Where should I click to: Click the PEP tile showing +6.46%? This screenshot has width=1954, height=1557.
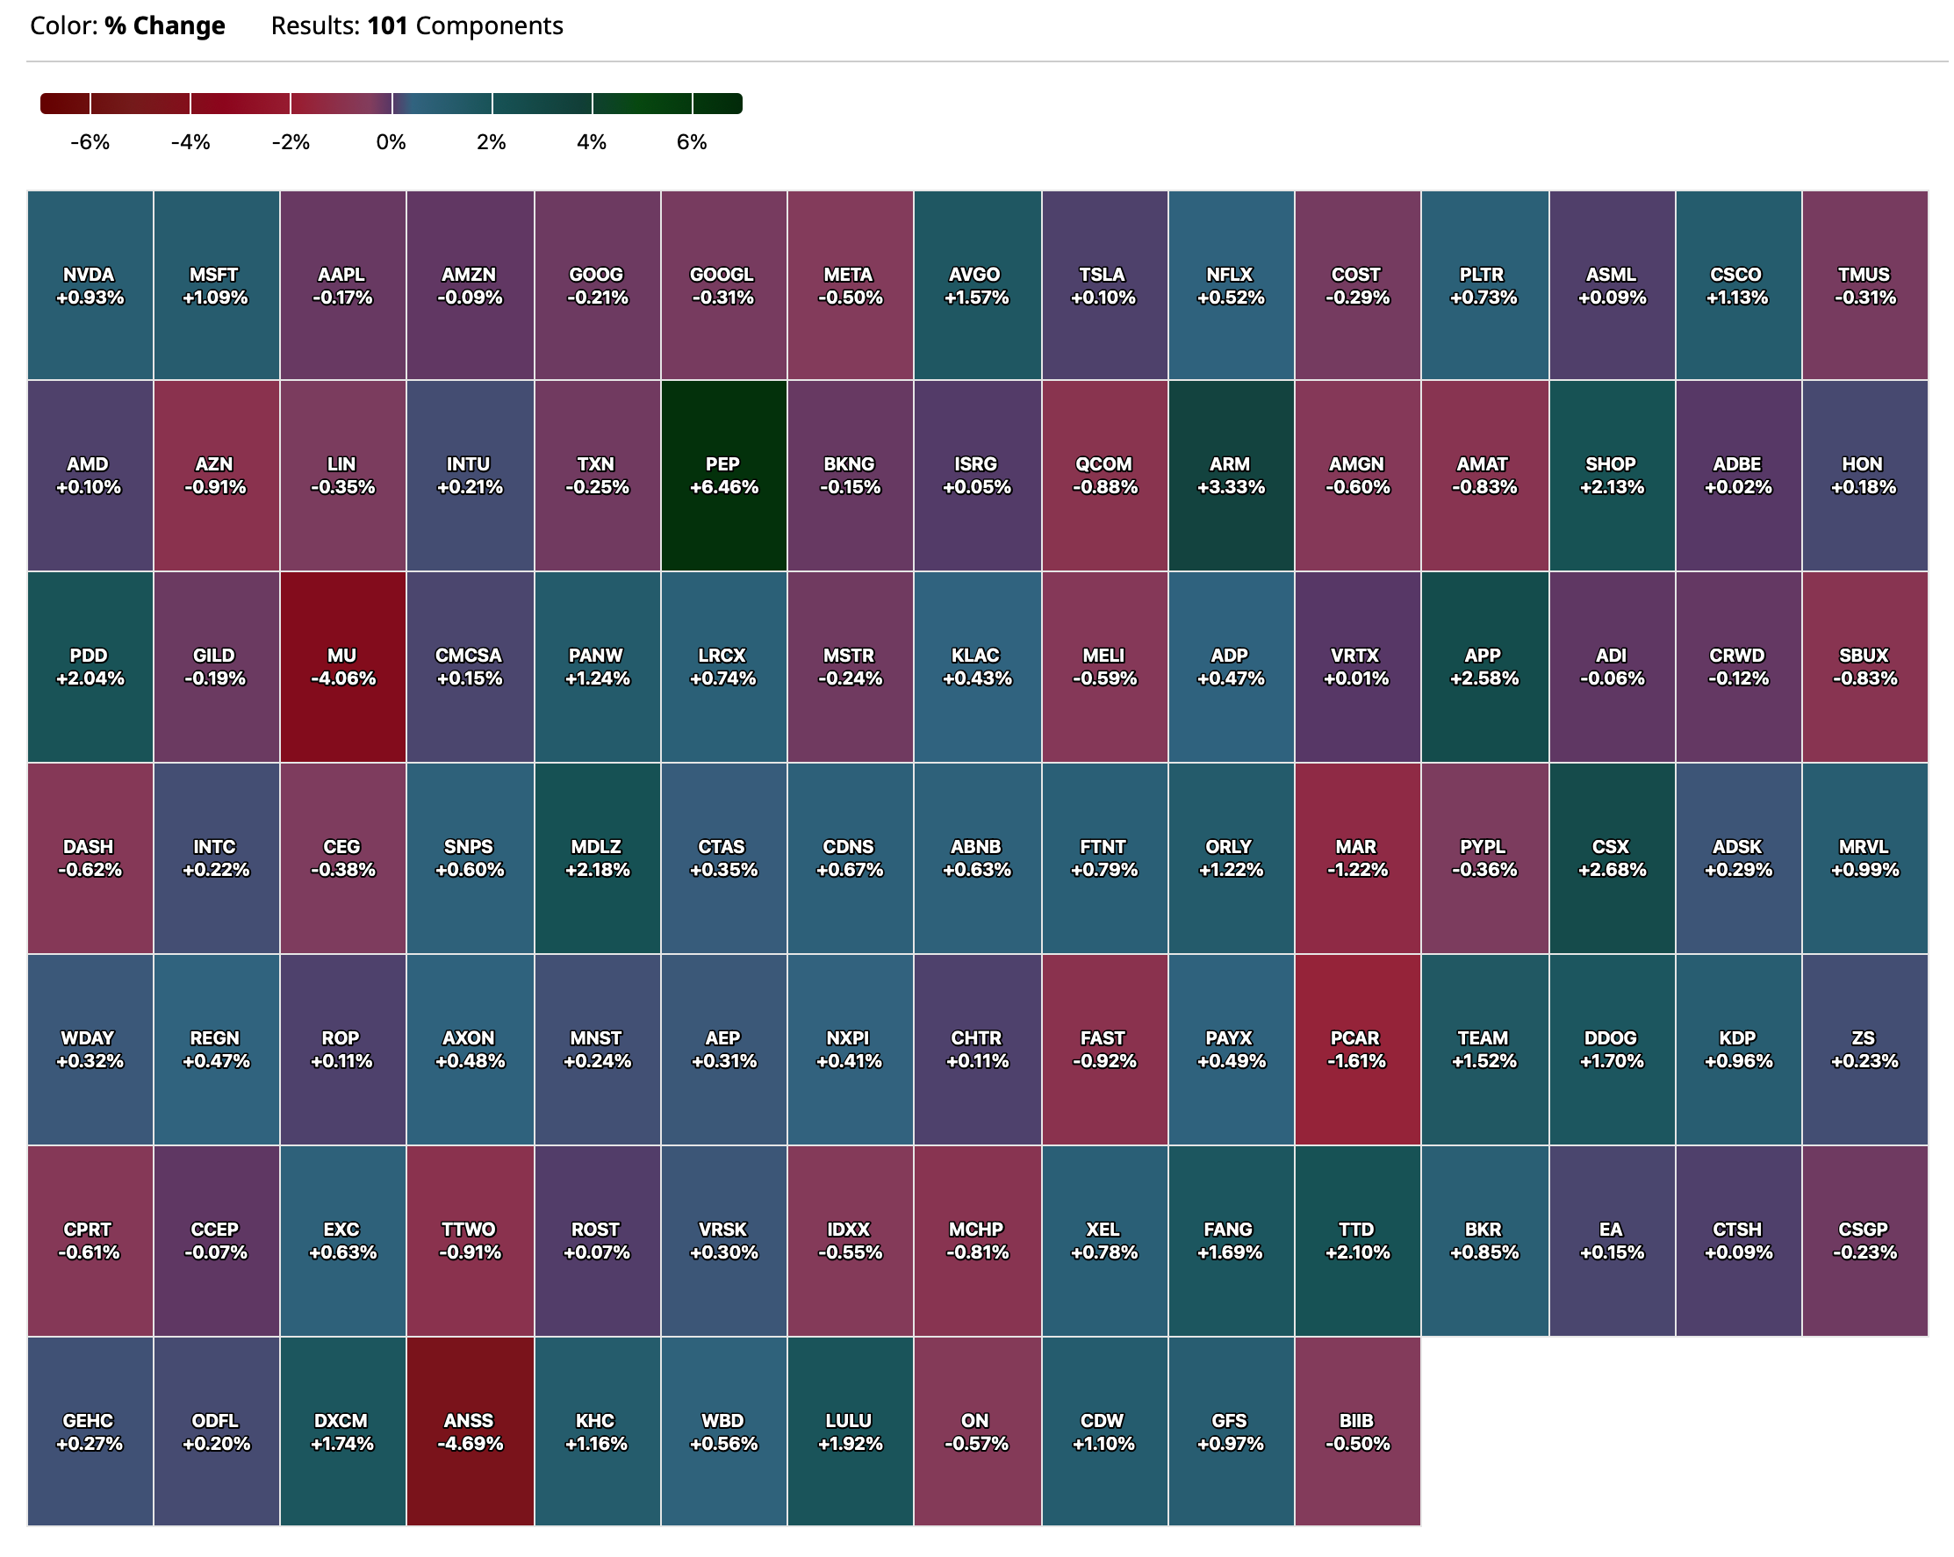point(723,475)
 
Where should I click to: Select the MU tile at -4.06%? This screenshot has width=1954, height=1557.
point(341,666)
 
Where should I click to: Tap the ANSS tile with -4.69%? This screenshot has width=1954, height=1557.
point(470,1431)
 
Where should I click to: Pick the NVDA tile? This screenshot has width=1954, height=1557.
point(89,285)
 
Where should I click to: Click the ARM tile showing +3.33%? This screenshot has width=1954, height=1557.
point(1230,475)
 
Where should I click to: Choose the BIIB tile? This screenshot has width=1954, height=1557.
point(1357,1431)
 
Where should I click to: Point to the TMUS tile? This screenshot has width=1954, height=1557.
point(1864,285)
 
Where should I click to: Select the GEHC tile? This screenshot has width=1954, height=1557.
point(89,1431)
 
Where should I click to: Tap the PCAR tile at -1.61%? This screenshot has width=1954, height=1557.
point(1357,1049)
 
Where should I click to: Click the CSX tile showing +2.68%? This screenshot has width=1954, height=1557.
point(1611,857)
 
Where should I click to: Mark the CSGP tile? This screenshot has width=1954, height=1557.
point(1864,1240)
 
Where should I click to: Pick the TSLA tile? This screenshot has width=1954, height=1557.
point(1103,285)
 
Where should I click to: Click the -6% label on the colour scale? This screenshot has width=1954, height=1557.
point(90,142)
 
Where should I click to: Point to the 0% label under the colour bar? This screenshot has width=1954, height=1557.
point(391,142)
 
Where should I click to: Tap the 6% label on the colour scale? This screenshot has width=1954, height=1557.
point(692,142)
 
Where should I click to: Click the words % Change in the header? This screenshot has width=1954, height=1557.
point(164,25)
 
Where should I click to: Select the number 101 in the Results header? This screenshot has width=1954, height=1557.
point(387,25)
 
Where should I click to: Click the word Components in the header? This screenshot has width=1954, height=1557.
point(490,25)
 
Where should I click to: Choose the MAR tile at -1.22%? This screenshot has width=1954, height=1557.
point(1357,857)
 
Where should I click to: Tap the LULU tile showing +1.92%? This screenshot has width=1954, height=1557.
point(849,1431)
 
